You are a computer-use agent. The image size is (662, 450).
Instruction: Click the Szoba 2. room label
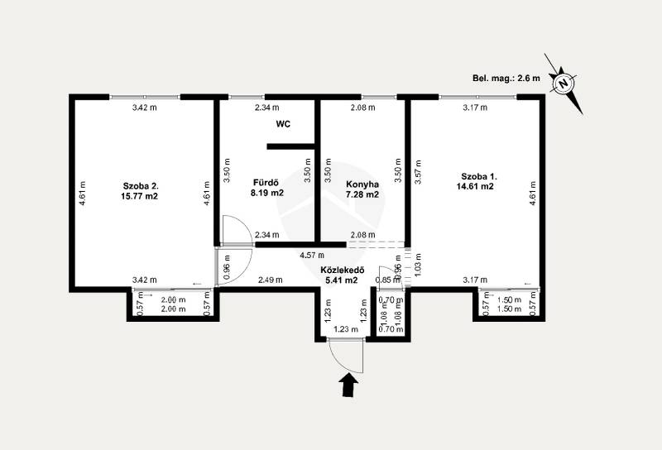pyautogui.click(x=141, y=186)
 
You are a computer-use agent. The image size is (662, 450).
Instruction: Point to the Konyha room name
pyautogui.click(x=362, y=184)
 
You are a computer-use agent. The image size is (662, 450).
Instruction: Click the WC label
pyautogui.click(x=283, y=124)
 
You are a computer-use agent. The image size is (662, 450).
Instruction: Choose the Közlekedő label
pyautogui.click(x=342, y=270)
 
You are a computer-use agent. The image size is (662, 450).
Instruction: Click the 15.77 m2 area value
pyautogui.click(x=139, y=196)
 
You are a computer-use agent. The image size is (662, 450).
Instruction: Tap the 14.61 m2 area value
pyautogui.click(x=475, y=186)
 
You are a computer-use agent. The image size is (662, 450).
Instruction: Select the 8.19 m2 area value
pyautogui.click(x=266, y=194)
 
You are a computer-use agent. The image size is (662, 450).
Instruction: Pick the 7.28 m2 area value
pyautogui.click(x=362, y=194)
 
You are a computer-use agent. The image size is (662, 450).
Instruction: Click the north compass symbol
pyautogui.click(x=564, y=84)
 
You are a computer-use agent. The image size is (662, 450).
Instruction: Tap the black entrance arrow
pyautogui.click(x=348, y=386)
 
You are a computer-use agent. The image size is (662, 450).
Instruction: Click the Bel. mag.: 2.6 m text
pyautogui.click(x=506, y=78)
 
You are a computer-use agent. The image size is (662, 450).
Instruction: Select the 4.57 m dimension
pyautogui.click(x=312, y=255)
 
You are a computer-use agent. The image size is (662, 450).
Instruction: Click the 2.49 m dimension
pyautogui.click(x=271, y=280)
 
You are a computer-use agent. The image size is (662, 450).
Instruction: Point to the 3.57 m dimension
pyautogui.click(x=418, y=172)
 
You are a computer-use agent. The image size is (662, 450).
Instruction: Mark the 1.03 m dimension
pyautogui.click(x=418, y=265)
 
